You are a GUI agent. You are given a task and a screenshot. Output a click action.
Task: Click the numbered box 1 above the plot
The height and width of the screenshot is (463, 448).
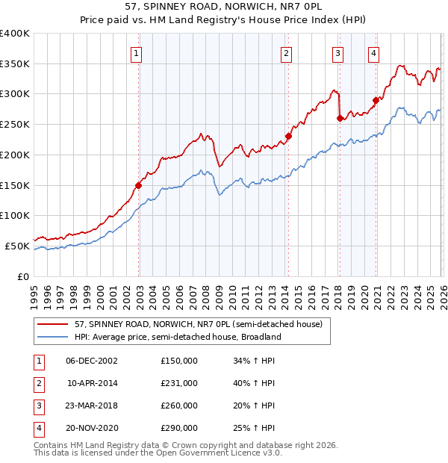tap(138, 53)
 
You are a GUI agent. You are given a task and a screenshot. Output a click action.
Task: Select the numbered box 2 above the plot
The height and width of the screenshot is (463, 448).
tap(287, 53)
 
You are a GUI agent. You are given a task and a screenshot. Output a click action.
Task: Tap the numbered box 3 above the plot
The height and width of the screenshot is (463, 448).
tap(338, 53)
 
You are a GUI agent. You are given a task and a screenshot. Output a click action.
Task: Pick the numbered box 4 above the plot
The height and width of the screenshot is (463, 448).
tap(373, 53)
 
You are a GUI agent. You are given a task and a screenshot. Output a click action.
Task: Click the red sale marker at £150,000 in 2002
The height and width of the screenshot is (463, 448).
tap(138, 185)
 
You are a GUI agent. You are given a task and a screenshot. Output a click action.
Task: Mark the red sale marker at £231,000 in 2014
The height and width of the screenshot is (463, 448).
tap(287, 136)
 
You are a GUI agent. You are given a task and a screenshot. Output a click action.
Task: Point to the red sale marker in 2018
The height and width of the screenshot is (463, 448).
tap(340, 118)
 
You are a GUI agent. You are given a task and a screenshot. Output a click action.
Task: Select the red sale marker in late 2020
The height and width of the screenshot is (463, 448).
tap(376, 100)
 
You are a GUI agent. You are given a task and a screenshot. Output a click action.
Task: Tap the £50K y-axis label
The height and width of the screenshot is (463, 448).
tap(18, 246)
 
